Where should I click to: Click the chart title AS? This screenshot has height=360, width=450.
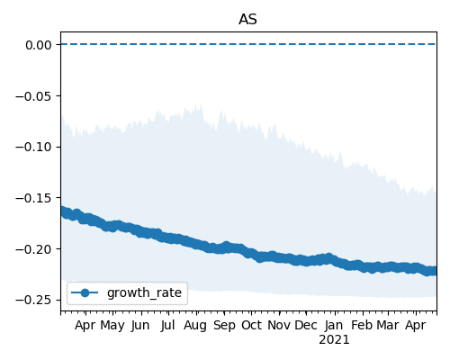coord(247,20)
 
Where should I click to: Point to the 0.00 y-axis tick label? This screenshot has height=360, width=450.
coord(39,45)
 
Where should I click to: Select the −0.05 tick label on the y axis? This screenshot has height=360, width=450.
coord(33,96)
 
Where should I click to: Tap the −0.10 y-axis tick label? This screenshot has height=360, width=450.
coord(33,148)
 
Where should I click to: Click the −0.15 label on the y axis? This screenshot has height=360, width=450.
coord(33,198)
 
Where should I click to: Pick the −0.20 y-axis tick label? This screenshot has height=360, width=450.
coord(33,249)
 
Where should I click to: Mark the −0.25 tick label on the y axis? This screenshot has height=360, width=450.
coord(33,300)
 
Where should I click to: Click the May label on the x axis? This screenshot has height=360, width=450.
coord(112,326)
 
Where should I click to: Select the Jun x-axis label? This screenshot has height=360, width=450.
coord(140,325)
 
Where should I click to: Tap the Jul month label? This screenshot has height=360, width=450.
coord(167,325)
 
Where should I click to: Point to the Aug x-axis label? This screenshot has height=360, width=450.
coord(195,326)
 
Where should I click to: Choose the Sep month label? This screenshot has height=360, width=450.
coord(224,326)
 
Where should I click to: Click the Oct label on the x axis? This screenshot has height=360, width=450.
coord(251,325)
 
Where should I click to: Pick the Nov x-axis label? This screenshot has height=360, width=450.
coord(279,325)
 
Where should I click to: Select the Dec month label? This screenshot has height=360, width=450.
coord(306,325)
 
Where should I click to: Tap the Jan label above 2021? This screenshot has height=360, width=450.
coord(334,325)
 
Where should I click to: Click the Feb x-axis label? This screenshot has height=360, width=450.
coord(363,325)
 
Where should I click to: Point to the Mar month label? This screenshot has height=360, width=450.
coord(388,325)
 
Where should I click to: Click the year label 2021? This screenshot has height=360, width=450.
coord(334,340)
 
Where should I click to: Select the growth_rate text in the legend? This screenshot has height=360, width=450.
coord(144,292)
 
